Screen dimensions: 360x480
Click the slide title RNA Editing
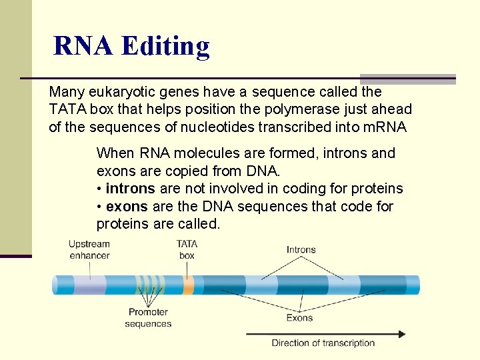(x=131, y=46)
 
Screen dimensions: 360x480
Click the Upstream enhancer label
(x=89, y=249)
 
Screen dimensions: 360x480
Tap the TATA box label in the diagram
(x=187, y=249)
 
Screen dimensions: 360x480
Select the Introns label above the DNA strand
(x=301, y=250)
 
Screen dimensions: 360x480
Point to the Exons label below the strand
(x=299, y=318)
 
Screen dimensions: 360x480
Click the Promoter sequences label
(x=148, y=317)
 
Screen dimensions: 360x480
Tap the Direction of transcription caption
(x=323, y=343)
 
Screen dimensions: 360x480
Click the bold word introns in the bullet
(x=130, y=189)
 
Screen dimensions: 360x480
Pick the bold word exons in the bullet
(x=127, y=207)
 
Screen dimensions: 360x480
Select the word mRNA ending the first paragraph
(x=385, y=127)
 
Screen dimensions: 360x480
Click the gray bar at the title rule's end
(x=407, y=79)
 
